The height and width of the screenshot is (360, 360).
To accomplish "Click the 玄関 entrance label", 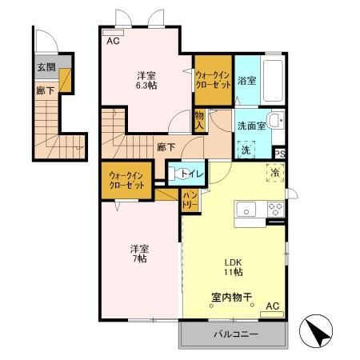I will tap(45, 67).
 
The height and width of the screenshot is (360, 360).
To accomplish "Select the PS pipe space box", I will tap(280, 154).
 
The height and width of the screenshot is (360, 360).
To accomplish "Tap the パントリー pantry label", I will tap(190, 200).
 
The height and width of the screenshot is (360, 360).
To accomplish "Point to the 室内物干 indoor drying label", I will tap(232, 298).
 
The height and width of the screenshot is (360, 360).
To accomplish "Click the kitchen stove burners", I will tap(274, 210).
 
